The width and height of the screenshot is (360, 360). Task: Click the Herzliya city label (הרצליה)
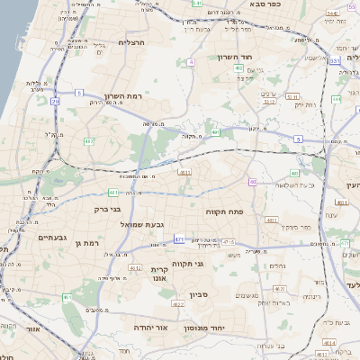pyautogui.click(x=131, y=42)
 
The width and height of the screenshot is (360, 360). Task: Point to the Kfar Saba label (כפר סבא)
pyautogui.click(x=289, y=4)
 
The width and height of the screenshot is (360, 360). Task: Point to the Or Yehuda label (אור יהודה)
pyautogui.click(x=153, y=328)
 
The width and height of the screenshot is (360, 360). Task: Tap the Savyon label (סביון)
pyautogui.click(x=200, y=294)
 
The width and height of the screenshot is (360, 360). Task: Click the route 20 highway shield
pyautogui.click(x=55, y=101)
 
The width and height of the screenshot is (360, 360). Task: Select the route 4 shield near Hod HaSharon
pyautogui.click(x=192, y=62)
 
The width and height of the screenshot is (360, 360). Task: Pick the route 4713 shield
pyautogui.click(x=228, y=242)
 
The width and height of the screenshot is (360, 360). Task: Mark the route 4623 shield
pyautogui.click(x=178, y=304)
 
